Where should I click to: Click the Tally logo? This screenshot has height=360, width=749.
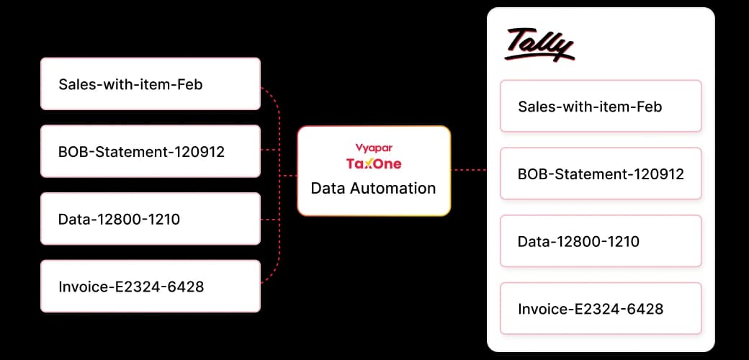pos(539,45)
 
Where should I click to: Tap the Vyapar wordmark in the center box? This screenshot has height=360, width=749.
pos(374,148)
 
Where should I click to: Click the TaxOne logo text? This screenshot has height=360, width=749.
pos(374,163)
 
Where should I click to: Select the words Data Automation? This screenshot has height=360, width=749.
pos(373,188)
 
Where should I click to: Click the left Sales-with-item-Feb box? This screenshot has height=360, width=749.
pos(151,84)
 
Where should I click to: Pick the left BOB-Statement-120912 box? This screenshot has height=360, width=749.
pos(151,151)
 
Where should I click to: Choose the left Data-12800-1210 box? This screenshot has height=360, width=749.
pos(151,219)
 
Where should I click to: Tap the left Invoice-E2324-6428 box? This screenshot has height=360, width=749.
pos(151,286)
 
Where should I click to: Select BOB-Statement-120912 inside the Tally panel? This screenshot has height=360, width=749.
pos(601,174)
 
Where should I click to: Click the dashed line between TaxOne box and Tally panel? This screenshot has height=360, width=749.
pos(469,169)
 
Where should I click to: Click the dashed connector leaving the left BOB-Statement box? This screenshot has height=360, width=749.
pos(270,150)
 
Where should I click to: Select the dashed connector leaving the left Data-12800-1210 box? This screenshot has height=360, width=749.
pos(270,220)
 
